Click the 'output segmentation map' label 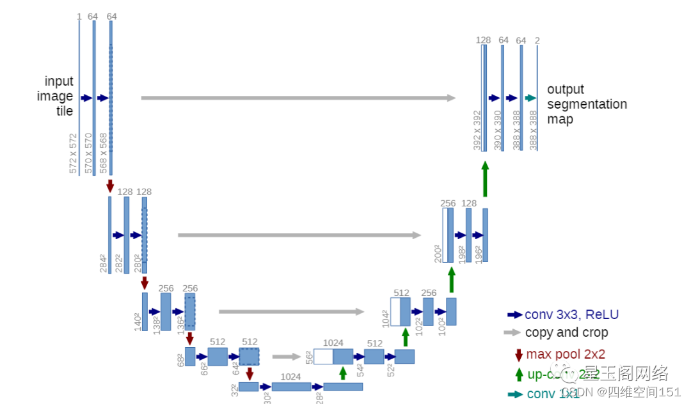pyautogui.click(x=587, y=104)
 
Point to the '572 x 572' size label pyautogui.click(x=73, y=153)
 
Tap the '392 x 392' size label pyautogui.click(x=477, y=130)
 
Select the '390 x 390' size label pyautogui.click(x=498, y=130)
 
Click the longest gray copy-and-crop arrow pyautogui.click(x=298, y=98)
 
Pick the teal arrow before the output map pyautogui.click(x=530, y=98)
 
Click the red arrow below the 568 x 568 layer pyautogui.click(x=110, y=185)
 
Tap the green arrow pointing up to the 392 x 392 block pyautogui.click(x=485, y=178)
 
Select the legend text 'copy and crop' pyautogui.click(x=566, y=332)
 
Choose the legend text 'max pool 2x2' pyautogui.click(x=566, y=354)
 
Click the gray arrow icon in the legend pyautogui.click(x=512, y=332)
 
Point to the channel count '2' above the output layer pyautogui.click(x=537, y=40)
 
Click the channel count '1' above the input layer pyautogui.click(x=79, y=16)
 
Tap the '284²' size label pyautogui.click(x=104, y=263)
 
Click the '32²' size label pyautogui.click(x=234, y=390)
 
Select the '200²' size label pyautogui.click(x=438, y=254)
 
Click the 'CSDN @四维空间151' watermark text pyautogui.click(x=621, y=392)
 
